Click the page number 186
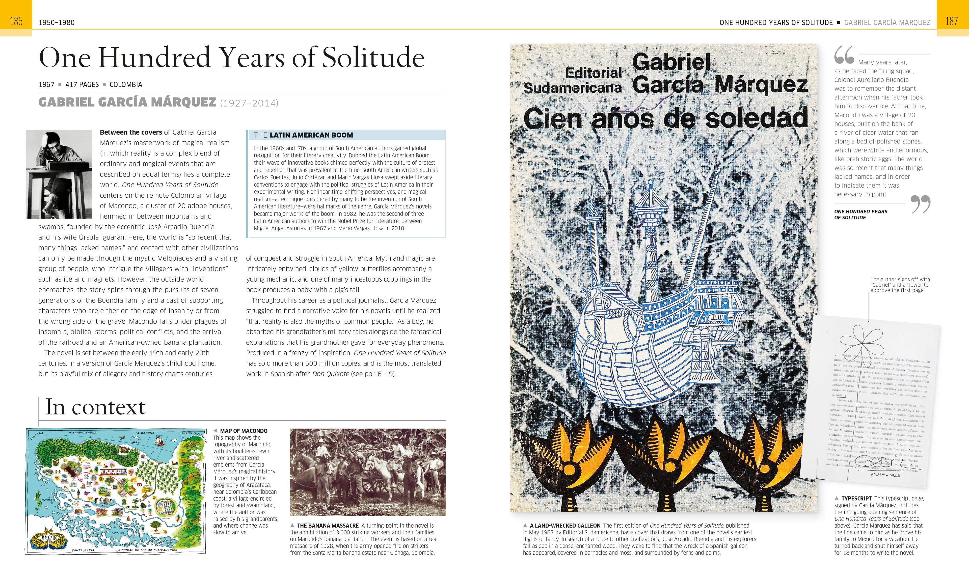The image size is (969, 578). click(x=16, y=21)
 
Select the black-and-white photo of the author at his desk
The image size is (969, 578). click(x=59, y=174)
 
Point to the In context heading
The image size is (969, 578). click(x=95, y=407)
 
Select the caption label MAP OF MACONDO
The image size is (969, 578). click(x=244, y=431)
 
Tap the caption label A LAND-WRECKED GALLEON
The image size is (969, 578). click(x=565, y=525)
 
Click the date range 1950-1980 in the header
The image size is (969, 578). click(x=57, y=23)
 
